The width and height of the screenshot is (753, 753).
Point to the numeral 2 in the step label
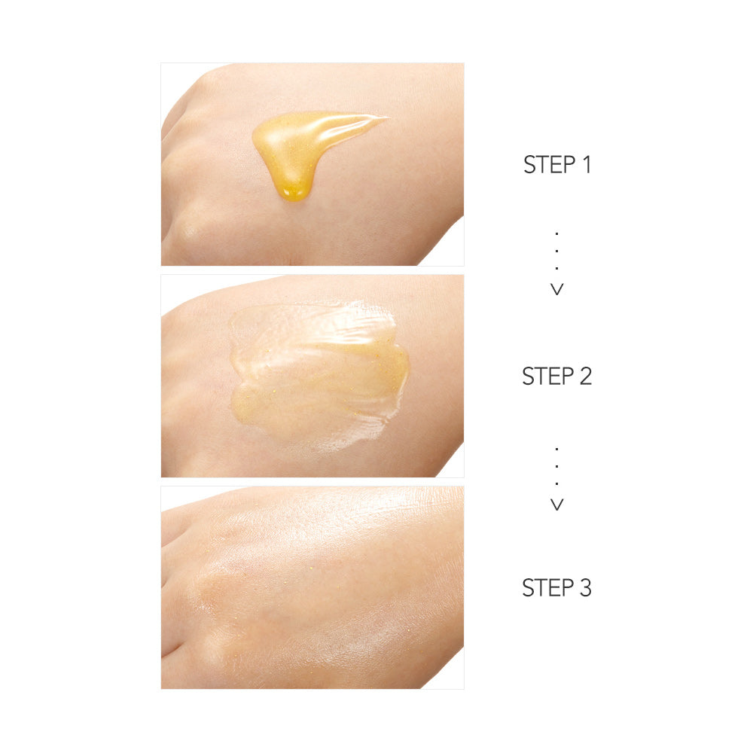click(x=584, y=376)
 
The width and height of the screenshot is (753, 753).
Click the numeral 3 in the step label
click(x=584, y=587)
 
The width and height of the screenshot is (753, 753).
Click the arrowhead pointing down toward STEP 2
click(x=557, y=289)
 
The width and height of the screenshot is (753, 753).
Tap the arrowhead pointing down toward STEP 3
click(x=557, y=505)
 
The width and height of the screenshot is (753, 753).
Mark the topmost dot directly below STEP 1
click(x=557, y=233)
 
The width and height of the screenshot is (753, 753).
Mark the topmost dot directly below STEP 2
click(x=557, y=449)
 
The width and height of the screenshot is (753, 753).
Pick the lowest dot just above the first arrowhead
click(x=557, y=268)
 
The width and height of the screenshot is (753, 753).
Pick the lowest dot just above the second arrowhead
click(x=557, y=483)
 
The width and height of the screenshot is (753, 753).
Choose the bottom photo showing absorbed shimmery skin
click(x=312, y=587)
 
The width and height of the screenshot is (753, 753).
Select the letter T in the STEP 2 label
click(x=540, y=376)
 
